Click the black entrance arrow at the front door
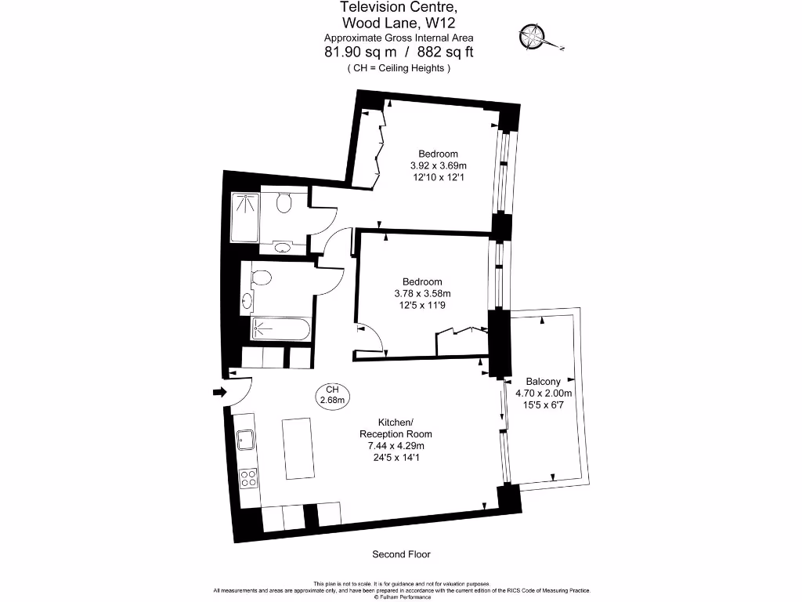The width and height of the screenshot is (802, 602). (220, 392)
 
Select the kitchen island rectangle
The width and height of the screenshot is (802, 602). (298, 448)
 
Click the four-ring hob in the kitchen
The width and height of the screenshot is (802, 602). (248, 477)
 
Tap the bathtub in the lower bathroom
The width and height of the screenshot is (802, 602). (280, 328)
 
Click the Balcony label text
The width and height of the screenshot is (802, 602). (543, 382)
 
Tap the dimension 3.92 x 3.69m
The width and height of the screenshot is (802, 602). (438, 166)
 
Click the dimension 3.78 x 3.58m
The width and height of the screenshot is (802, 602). (423, 294)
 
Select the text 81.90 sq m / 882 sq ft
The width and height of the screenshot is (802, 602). (399, 53)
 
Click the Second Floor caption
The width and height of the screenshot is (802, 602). (400, 554)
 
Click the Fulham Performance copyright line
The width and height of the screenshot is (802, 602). (401, 597)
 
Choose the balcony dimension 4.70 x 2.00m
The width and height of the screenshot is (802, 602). (544, 393)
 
